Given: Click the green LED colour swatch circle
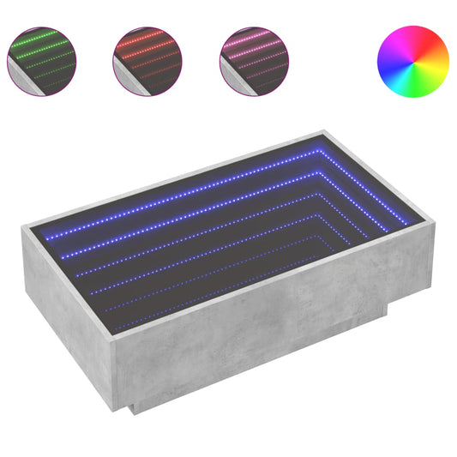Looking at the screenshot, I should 42,60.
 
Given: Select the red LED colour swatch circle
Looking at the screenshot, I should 147,60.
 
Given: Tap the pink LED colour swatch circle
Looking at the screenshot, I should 254,60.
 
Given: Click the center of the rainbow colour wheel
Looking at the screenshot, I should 412,60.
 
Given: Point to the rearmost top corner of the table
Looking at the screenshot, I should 325,132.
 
